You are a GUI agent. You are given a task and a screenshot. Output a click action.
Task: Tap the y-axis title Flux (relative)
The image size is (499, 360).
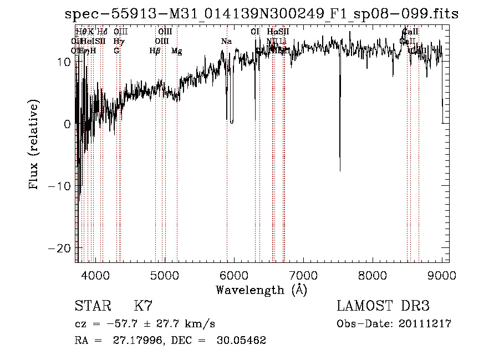34,145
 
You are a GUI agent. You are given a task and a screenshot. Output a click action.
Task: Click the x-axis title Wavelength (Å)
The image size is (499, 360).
261,290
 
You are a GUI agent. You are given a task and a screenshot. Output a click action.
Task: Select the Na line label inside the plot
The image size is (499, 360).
226,42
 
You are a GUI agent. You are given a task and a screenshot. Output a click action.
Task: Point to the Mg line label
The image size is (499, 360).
176,51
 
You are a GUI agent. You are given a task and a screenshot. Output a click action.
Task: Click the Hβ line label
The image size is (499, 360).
155,51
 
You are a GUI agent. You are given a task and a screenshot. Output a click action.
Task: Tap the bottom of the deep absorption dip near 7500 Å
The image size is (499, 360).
340,170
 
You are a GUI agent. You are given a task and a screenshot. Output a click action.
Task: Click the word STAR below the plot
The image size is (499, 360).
92,306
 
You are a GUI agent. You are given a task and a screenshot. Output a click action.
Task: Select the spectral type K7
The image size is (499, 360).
143,306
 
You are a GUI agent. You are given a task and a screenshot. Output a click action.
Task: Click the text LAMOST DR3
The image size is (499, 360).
383,306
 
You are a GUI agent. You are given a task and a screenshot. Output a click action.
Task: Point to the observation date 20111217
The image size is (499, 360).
426,324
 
